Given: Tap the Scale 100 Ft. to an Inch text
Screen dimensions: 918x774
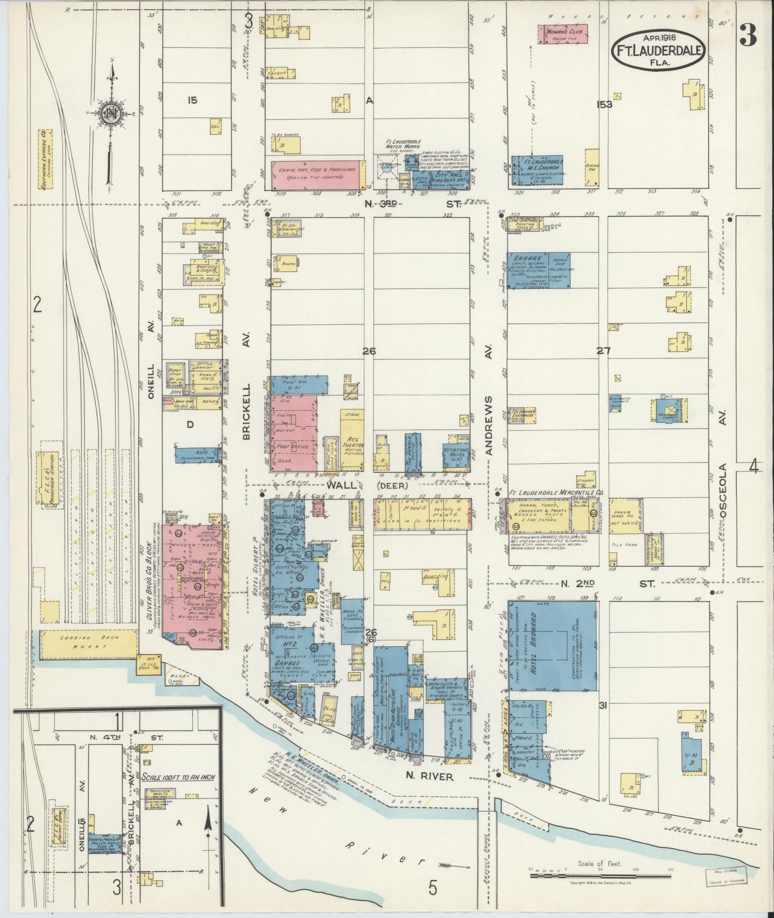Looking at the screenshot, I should pyautogui.click(x=178, y=776).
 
